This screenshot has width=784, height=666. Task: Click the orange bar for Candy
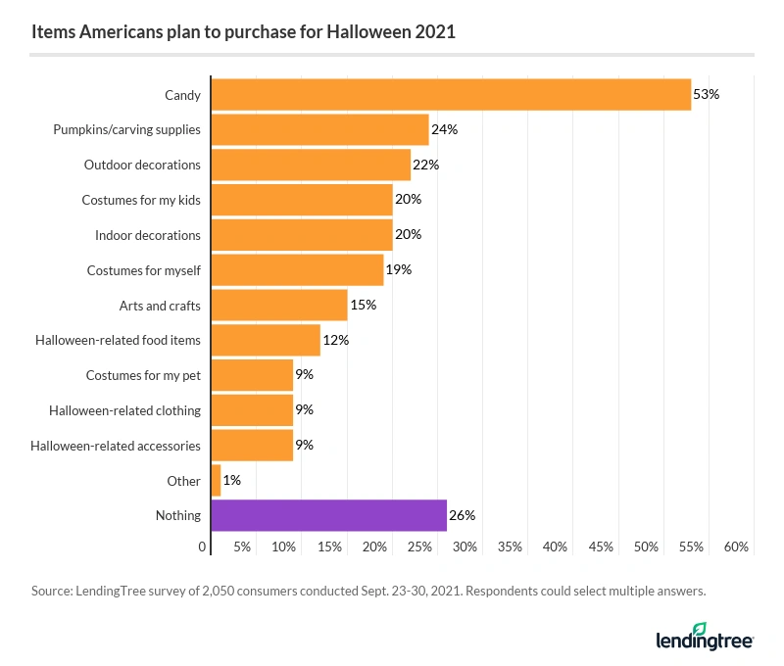451,95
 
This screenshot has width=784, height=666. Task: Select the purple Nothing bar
328,515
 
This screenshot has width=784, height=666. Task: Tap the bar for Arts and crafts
279,306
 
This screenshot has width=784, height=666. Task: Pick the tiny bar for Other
216,481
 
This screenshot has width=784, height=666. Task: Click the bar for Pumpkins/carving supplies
319,129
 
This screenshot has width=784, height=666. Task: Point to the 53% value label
707,95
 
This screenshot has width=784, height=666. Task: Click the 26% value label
463,515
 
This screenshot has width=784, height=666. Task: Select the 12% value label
336,340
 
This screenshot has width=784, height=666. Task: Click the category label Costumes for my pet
143,375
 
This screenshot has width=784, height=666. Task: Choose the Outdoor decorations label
142,165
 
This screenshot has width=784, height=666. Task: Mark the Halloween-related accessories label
116,446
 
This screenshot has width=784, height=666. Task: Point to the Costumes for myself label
143,270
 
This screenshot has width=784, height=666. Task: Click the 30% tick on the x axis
465,547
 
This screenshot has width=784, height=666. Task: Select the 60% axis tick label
737,547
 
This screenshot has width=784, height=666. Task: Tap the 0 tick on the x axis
203,547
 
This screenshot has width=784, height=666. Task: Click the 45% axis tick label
601,547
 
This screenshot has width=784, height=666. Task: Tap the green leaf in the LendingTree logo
700,629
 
